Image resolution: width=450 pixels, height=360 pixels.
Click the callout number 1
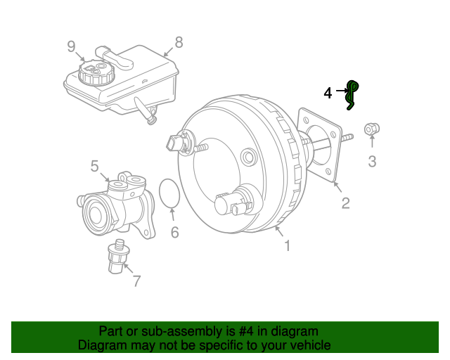tap(288, 246)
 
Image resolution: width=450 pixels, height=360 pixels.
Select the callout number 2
tap(345, 203)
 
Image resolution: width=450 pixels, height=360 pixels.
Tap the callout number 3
tap(372, 161)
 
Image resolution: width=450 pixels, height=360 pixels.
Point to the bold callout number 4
tap(328, 94)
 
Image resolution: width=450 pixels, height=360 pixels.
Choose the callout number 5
tap(94, 166)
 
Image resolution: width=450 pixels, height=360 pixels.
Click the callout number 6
tap(175, 232)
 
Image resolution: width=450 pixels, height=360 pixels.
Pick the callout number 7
tap(137, 281)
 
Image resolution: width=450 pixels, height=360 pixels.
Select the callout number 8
tap(179, 42)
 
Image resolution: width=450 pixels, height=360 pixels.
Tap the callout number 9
tap(71, 46)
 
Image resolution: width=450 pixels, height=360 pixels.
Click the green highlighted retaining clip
tap(351, 95)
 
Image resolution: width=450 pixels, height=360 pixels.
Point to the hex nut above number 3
tap(372, 129)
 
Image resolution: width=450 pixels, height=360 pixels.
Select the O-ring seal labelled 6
tap(160, 193)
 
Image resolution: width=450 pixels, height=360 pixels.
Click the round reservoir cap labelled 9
tap(96, 72)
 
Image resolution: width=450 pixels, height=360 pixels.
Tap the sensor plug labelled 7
tap(118, 256)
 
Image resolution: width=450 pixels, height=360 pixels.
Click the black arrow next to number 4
tap(342, 91)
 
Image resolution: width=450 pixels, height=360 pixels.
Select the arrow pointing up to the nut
tap(372, 141)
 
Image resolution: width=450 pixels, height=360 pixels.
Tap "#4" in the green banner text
tap(246, 331)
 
